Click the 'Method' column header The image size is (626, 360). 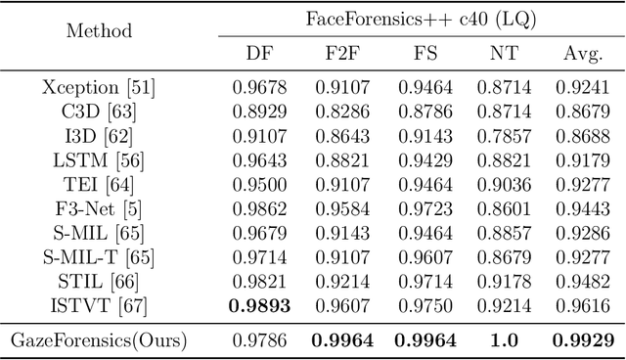tap(99, 30)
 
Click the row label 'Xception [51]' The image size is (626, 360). tap(99, 87)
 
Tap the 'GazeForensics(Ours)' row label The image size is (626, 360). tap(99, 341)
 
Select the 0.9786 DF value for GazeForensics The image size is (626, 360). tap(259, 341)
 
